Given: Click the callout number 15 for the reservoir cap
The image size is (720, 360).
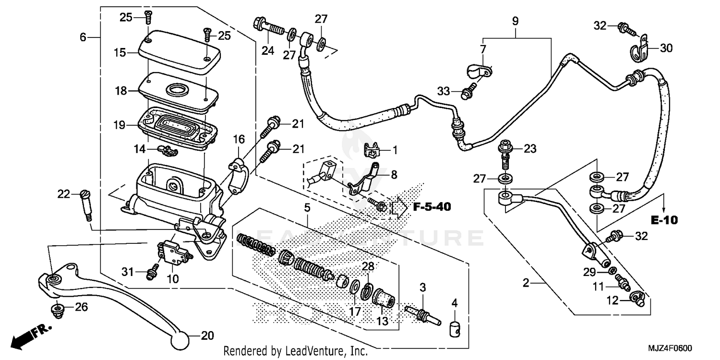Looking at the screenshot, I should tap(120, 52).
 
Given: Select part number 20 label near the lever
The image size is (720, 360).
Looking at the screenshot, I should tap(207, 336).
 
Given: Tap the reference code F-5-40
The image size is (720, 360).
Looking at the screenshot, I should tap(430, 207).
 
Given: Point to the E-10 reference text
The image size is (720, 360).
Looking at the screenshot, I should tap(664, 220).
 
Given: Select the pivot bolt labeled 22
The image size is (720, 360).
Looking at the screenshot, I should tap(86, 204).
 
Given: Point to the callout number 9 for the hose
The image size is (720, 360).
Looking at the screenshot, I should tap(516, 21).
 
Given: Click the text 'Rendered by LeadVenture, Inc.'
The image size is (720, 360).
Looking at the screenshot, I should tap(296, 350).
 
